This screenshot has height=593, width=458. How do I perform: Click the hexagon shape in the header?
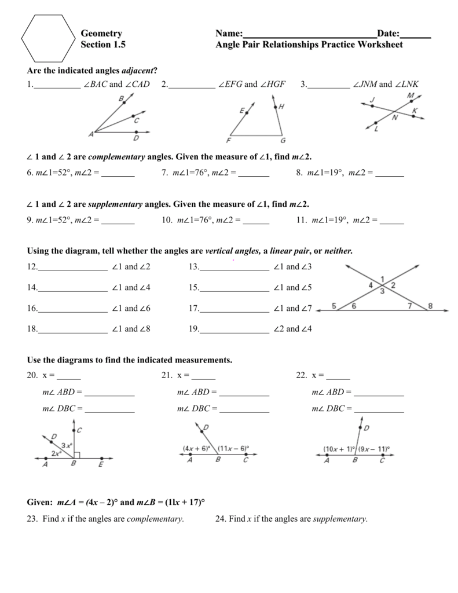click(x=48, y=38)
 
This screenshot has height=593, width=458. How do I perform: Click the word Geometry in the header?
click(x=101, y=34)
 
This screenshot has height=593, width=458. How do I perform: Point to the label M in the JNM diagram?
click(x=411, y=95)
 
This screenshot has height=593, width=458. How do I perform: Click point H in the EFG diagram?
click(x=281, y=107)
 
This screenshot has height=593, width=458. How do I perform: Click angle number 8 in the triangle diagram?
click(x=430, y=306)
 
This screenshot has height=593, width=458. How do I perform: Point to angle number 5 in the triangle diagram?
click(x=334, y=306)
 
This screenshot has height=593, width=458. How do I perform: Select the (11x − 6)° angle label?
click(x=233, y=448)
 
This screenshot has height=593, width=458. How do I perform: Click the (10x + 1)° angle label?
click(x=340, y=448)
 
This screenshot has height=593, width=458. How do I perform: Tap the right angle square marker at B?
click(x=76, y=456)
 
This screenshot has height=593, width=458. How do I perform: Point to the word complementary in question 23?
click(x=155, y=519)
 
